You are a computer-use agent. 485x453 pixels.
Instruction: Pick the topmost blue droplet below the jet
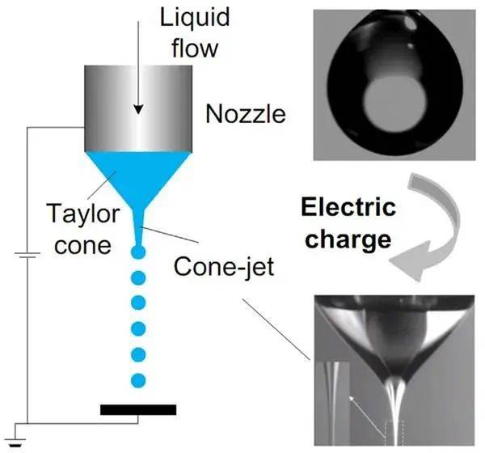[137, 253]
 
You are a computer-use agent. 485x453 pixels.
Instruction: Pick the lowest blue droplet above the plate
[137, 379]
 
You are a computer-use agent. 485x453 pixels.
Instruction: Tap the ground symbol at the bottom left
[16, 441]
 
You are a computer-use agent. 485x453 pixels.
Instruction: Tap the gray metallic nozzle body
[138, 105]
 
